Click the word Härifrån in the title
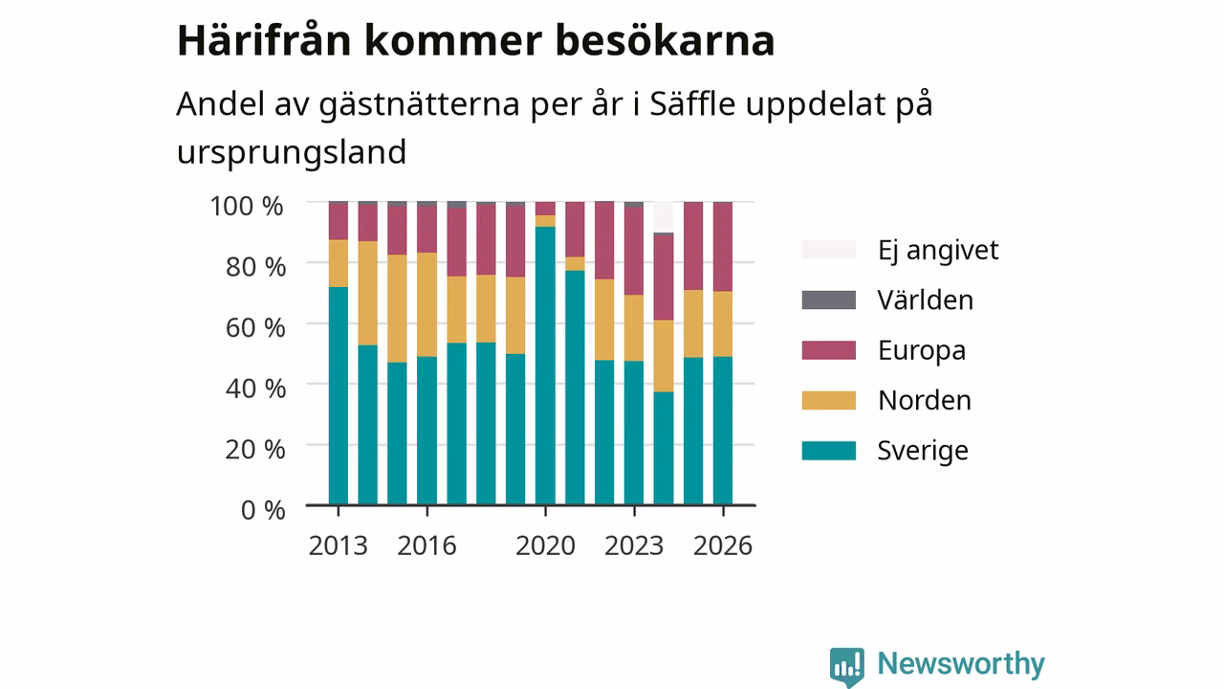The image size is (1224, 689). pyautogui.click(x=264, y=40)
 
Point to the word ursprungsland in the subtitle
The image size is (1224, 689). pyautogui.click(x=292, y=152)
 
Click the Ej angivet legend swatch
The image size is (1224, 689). pyautogui.click(x=828, y=250)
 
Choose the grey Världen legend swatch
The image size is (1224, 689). pyautogui.click(x=828, y=300)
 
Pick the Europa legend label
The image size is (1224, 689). pyautogui.click(x=922, y=350)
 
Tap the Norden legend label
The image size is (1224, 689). pyautogui.click(x=925, y=400)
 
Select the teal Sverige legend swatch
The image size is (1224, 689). pyautogui.click(x=828, y=451)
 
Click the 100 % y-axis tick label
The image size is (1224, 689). pyautogui.click(x=247, y=207)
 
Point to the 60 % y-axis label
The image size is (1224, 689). pyautogui.click(x=255, y=328)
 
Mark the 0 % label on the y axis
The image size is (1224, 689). pyautogui.click(x=263, y=510)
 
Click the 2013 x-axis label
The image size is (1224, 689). pyautogui.click(x=339, y=545)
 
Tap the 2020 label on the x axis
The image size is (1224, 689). pyautogui.click(x=545, y=545)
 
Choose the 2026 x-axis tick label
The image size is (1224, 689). pyautogui.click(x=723, y=545)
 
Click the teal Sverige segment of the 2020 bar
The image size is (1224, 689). pyautogui.click(x=545, y=366)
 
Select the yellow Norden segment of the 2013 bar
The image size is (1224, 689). pyautogui.click(x=339, y=263)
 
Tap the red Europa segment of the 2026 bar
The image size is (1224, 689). pyautogui.click(x=723, y=247)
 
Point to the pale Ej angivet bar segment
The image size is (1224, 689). pyautogui.click(x=664, y=217)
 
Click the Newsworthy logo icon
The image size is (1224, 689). pyautogui.click(x=846, y=667)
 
